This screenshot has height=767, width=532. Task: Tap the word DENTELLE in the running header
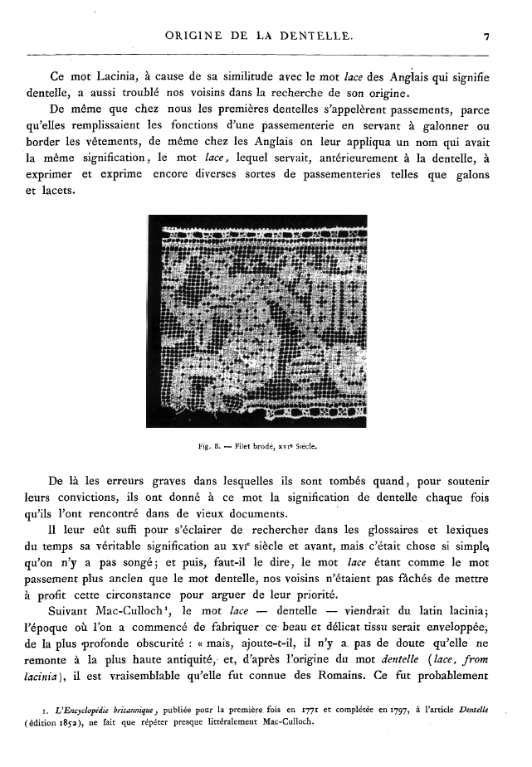tap(320, 36)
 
